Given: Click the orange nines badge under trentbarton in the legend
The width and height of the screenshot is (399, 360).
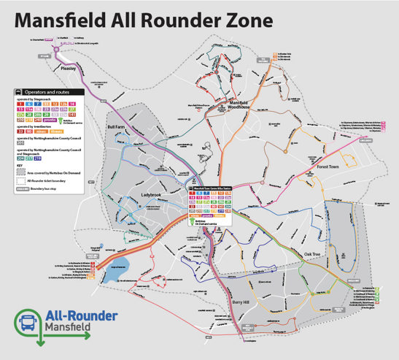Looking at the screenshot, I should [x=43, y=131].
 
